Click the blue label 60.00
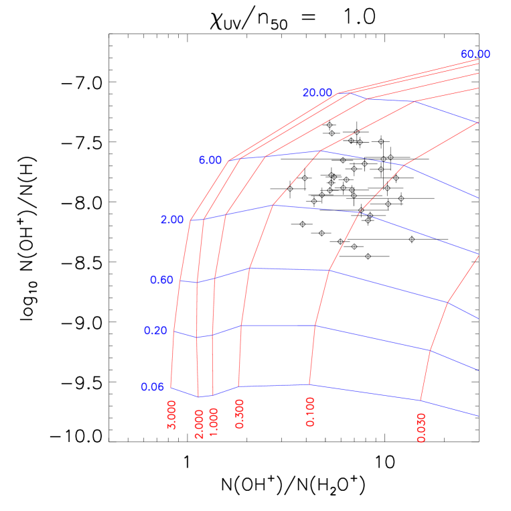coord(475,54)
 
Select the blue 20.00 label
coord(317,92)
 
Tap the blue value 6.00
coord(210,160)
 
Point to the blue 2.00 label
coord(171,220)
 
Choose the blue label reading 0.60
coord(161,280)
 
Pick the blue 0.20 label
coord(155,331)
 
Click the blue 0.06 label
coord(153,387)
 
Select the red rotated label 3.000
coord(172,415)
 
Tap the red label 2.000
coord(199,424)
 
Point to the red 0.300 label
coord(240,413)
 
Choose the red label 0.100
coord(310,411)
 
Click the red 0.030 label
coord(421,427)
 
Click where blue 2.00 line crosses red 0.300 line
coord(273,205)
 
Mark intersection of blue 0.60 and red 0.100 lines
coord(329,271)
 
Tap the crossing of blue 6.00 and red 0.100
coord(405,165)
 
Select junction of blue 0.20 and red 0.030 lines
coord(430,350)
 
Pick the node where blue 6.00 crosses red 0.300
coord(321,151)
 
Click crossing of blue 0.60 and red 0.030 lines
coord(447,303)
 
